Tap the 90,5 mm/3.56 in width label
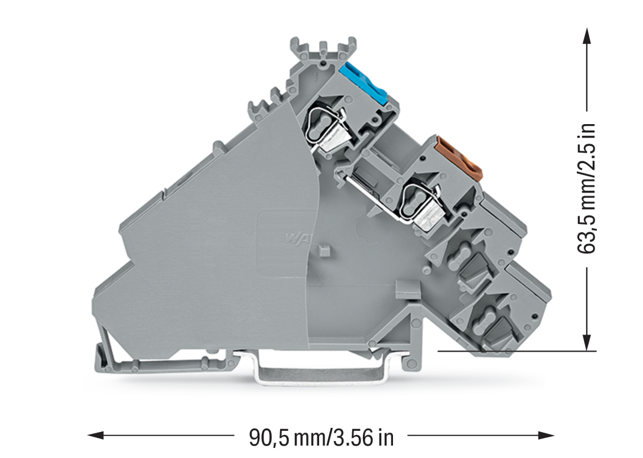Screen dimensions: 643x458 tap(321, 437)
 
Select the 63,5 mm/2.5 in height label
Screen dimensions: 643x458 tap(586, 188)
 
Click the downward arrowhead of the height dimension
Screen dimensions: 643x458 tap(587, 343)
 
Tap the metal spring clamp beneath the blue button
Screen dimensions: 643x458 tap(327, 126)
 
